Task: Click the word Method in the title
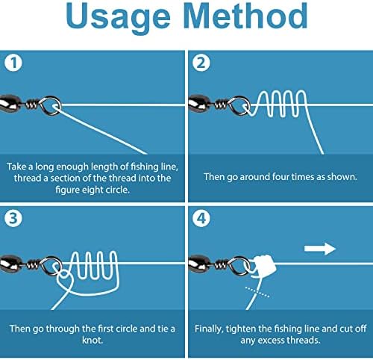[x=245, y=16]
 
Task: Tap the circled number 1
[x=13, y=63]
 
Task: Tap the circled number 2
[x=201, y=63]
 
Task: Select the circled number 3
[x=13, y=218]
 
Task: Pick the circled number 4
[x=201, y=218]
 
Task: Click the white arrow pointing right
[x=320, y=249]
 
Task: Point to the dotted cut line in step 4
[x=257, y=292]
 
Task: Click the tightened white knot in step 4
[x=264, y=264]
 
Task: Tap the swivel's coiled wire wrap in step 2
[x=221, y=105]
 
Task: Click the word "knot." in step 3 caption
[x=93, y=340]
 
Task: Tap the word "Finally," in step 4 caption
[x=209, y=329]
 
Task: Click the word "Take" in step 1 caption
[x=16, y=167]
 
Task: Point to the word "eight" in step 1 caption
[x=93, y=190]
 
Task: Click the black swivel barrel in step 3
[x=10, y=263]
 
